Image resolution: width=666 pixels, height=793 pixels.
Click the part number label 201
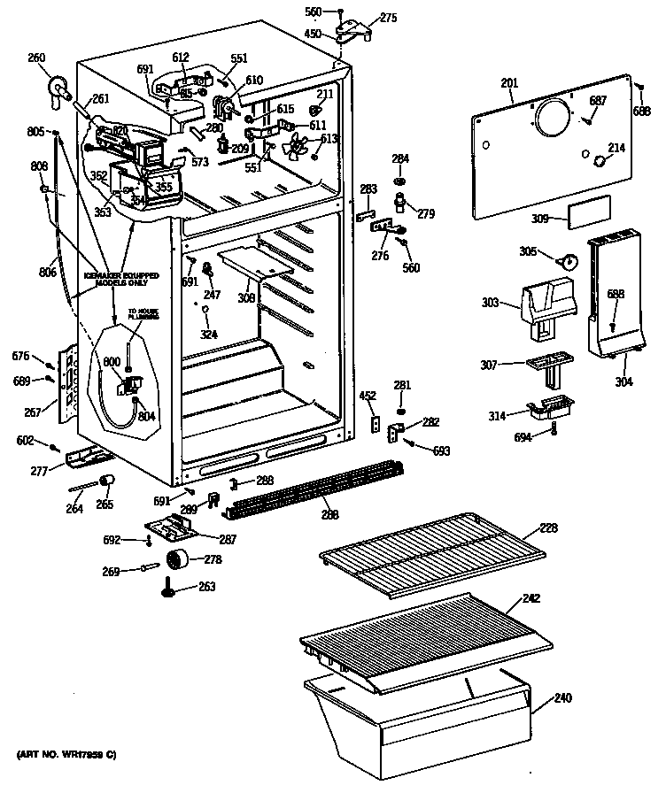click(x=509, y=83)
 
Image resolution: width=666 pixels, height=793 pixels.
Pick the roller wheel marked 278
click(x=179, y=559)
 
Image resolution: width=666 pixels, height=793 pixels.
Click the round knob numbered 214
click(x=599, y=161)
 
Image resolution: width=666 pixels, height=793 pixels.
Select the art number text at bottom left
click(x=66, y=754)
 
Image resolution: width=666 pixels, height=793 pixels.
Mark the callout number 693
click(x=441, y=451)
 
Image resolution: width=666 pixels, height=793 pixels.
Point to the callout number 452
click(x=368, y=396)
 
